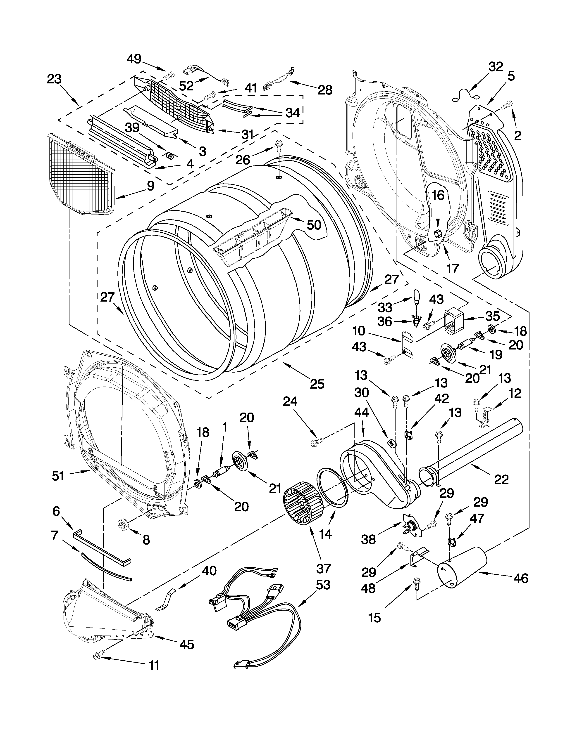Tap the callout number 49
[x=134, y=59]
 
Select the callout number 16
[x=438, y=195]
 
